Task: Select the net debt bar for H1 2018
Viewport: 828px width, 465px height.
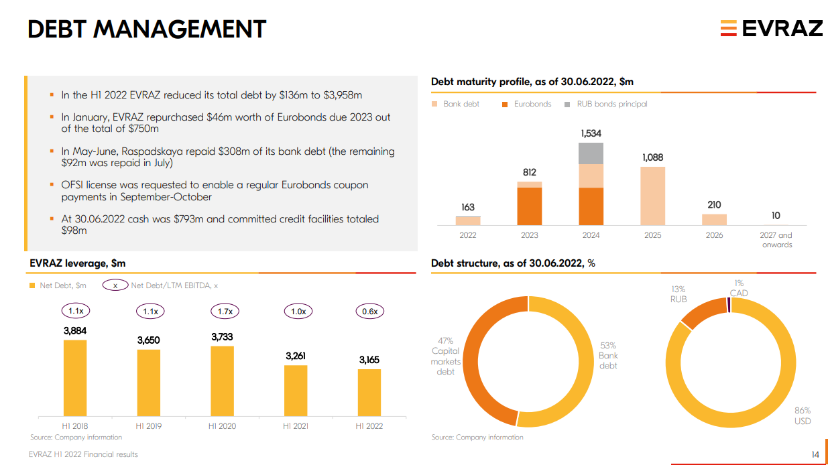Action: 75,379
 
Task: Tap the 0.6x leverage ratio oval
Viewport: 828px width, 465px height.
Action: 369,311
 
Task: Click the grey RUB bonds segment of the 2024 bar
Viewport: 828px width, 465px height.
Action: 591,153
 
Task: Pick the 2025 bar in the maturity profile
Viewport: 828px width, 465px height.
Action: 652,196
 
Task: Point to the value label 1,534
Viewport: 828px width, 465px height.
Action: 591,134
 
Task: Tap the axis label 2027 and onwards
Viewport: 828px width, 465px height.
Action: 776,240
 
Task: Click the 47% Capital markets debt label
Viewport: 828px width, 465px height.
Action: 446,356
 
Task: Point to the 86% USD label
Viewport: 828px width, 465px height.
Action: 803,415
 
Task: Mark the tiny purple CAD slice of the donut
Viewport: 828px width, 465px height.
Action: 729,305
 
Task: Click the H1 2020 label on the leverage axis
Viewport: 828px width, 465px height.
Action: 222,426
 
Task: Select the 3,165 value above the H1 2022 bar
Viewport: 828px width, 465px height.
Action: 369,360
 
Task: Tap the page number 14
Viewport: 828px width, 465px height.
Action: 815,455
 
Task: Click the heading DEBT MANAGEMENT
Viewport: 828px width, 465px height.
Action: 147,29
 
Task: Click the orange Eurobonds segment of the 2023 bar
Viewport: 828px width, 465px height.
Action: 530,206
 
